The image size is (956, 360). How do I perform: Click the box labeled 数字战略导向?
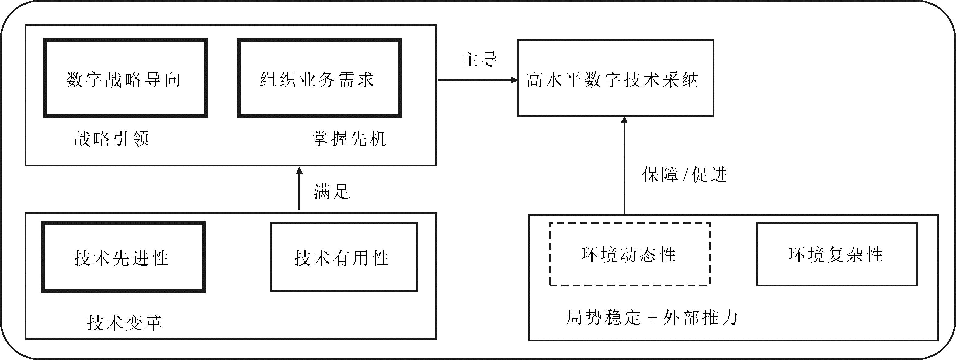(x=125, y=78)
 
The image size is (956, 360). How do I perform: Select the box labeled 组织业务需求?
(x=319, y=78)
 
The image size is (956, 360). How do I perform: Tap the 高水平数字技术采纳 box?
(x=615, y=78)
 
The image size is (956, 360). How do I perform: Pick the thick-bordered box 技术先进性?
(x=123, y=257)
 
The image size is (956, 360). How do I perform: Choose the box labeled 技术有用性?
(x=344, y=257)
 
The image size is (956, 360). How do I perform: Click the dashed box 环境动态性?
(x=629, y=254)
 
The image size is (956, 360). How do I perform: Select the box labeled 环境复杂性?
(x=837, y=254)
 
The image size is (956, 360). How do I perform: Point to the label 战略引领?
(x=112, y=139)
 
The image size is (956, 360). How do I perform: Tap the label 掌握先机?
(x=349, y=139)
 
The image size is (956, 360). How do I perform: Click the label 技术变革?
(x=125, y=323)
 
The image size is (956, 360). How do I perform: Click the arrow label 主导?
(x=479, y=59)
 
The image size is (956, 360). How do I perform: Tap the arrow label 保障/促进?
(x=685, y=174)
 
